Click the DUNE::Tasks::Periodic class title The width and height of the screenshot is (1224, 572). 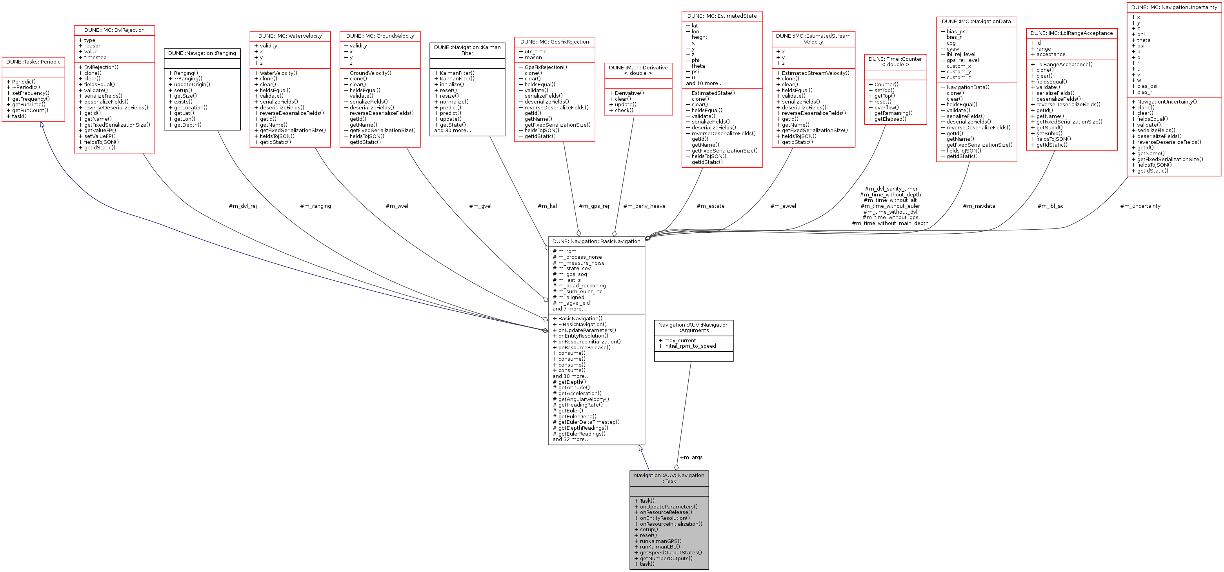click(x=33, y=62)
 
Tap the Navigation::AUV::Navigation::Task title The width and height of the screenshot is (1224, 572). click(x=669, y=478)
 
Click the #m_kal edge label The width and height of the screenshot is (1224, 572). click(x=547, y=206)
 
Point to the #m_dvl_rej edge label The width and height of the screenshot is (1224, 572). click(x=243, y=206)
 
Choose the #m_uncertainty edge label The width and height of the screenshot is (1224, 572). click(x=1140, y=206)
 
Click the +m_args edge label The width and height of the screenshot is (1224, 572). click(x=691, y=458)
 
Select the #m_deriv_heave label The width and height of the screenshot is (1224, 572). click(x=644, y=206)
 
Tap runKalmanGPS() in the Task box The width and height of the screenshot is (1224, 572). click(x=660, y=541)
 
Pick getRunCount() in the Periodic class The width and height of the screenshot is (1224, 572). click(x=30, y=110)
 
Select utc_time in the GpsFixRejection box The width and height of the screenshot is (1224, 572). click(x=535, y=52)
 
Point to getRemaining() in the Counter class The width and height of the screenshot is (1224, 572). click(x=893, y=113)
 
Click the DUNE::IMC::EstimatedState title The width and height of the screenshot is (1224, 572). click(x=722, y=16)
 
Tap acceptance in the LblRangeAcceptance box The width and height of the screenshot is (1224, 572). click(x=1051, y=54)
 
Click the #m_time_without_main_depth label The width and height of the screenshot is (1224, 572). click(x=890, y=223)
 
